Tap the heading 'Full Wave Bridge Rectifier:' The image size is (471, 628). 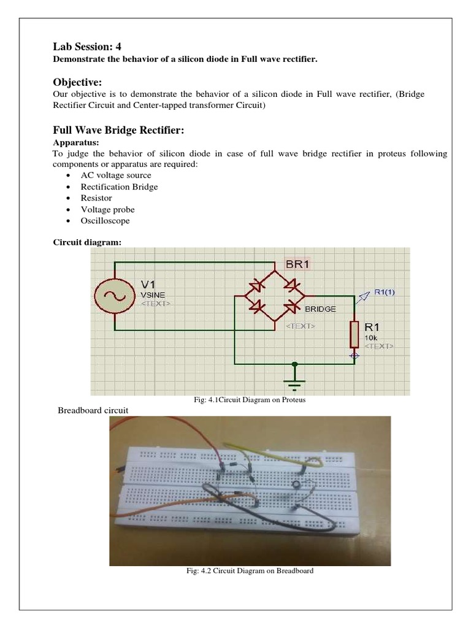coord(118,131)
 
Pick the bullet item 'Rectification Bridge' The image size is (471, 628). coord(119,186)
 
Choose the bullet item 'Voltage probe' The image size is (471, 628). coord(107,209)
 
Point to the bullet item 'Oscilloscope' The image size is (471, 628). coord(105,221)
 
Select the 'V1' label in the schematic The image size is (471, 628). coord(149,285)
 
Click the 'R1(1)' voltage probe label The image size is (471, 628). coord(384,292)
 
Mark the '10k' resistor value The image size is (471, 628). coord(371,337)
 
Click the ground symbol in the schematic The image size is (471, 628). coord(296,380)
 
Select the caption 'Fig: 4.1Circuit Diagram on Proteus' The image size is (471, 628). coord(249,400)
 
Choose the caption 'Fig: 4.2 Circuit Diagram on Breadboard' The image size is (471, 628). coord(250,570)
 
